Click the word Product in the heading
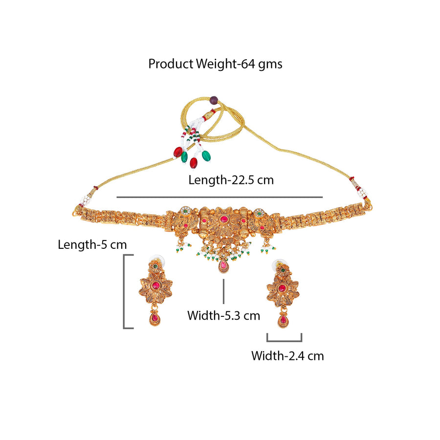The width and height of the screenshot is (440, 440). click(x=171, y=64)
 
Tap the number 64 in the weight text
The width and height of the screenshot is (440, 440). click(x=248, y=64)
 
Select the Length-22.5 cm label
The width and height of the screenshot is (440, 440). click(x=231, y=180)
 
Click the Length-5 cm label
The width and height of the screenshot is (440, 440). click(x=92, y=245)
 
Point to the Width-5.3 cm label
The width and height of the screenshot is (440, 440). click(x=223, y=316)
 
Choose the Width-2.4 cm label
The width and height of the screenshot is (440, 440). click(x=287, y=356)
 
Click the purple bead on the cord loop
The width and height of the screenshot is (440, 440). click(x=214, y=100)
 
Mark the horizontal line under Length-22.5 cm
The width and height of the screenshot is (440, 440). click(x=220, y=198)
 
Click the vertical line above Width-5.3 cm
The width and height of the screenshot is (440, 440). click(x=223, y=291)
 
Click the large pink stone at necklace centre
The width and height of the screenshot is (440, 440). click(x=223, y=219)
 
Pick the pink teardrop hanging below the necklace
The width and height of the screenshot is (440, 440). click(x=223, y=266)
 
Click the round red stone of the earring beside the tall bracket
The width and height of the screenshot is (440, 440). click(x=155, y=286)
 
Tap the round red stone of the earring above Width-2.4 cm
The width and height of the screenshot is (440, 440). click(x=282, y=288)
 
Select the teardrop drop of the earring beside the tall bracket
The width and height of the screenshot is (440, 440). click(x=154, y=319)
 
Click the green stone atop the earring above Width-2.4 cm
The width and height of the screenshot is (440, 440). click(x=283, y=270)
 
